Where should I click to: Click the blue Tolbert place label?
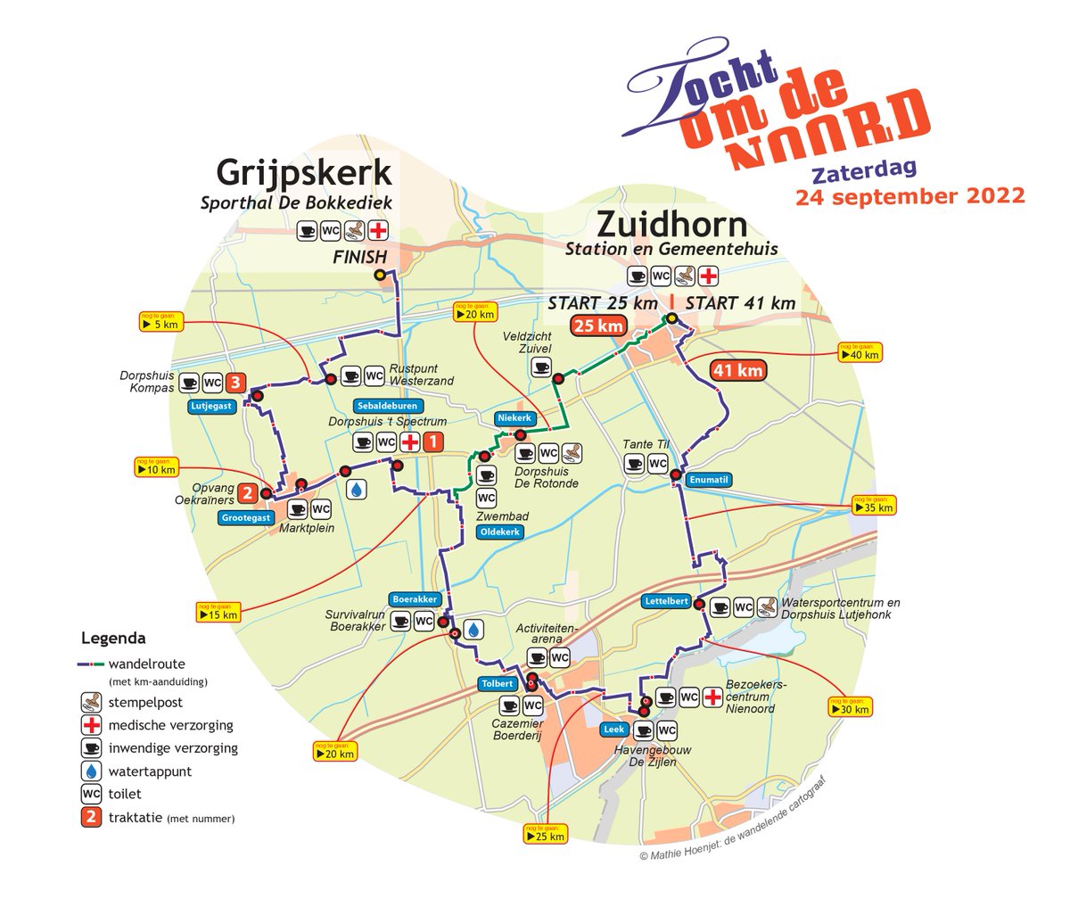(497, 684)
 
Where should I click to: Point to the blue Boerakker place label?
(411, 598)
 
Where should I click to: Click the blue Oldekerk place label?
(500, 532)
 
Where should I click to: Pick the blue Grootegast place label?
(243, 518)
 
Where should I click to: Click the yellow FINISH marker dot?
(381, 276)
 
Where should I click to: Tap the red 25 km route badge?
(597, 326)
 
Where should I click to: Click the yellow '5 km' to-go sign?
(161, 323)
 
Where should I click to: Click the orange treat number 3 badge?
(235, 383)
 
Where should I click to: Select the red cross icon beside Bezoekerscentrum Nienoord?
(712, 697)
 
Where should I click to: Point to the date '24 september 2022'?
(909, 195)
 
